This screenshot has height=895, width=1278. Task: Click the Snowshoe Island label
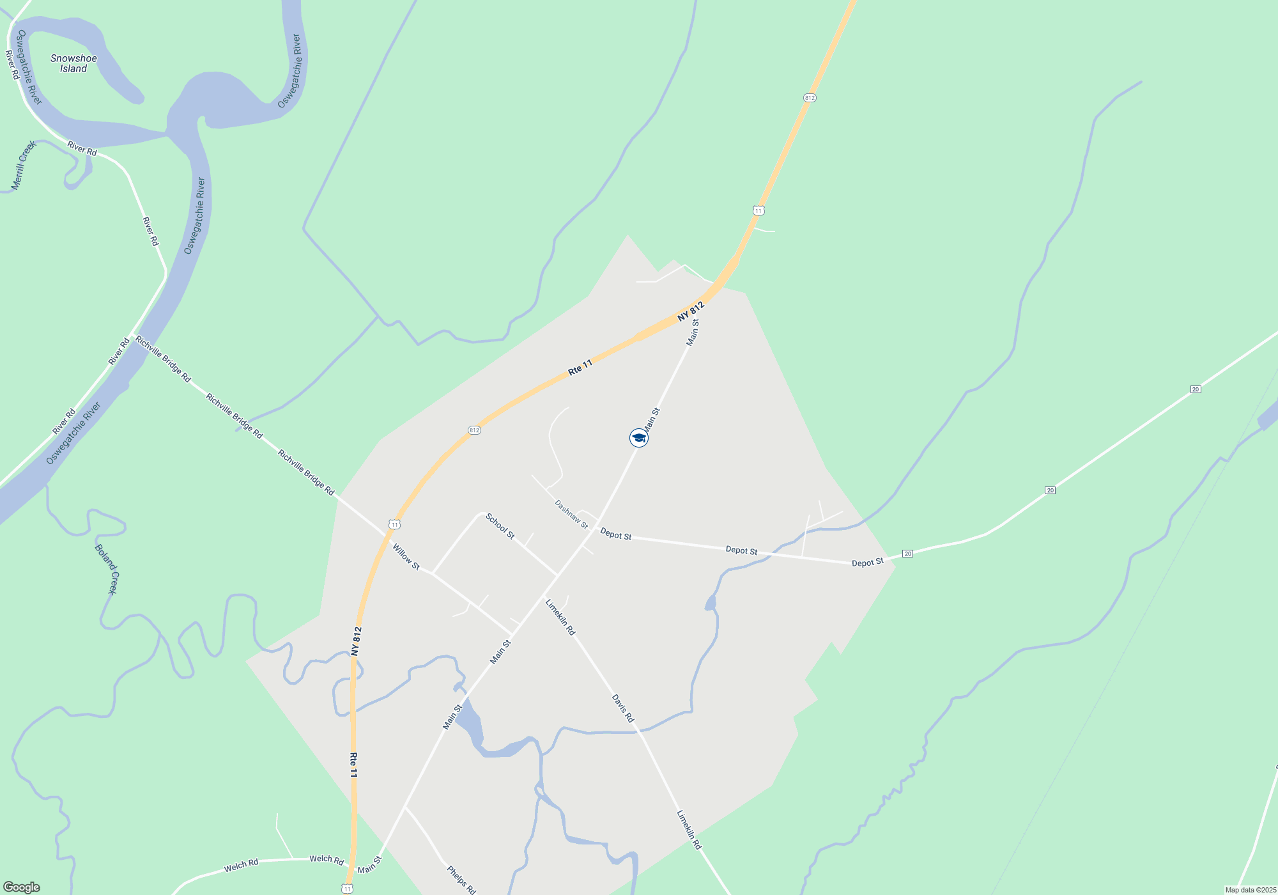[73, 63]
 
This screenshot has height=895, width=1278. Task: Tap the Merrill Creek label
[24, 166]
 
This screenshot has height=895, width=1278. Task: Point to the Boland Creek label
[106, 569]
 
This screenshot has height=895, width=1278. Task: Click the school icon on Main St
[638, 438]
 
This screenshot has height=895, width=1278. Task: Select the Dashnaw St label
[571, 514]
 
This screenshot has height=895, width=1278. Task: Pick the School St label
[500, 525]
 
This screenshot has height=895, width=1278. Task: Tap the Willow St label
[406, 557]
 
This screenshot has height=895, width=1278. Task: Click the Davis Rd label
[622, 708]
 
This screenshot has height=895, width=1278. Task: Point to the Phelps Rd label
[461, 880]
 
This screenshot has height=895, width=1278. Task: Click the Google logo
[22, 887]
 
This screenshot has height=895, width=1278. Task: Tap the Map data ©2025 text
[1251, 890]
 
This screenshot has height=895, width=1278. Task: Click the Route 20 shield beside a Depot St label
[907, 554]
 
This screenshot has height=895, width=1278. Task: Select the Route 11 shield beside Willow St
[395, 525]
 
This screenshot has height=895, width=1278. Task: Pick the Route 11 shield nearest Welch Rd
[347, 889]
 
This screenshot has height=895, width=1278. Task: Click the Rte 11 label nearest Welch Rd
[353, 765]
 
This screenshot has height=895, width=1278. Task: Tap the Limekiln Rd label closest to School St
[560, 617]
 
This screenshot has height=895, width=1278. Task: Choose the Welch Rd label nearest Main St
[327, 859]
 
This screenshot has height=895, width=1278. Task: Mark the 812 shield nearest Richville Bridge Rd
[473, 430]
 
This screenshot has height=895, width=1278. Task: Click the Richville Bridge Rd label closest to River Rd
[163, 359]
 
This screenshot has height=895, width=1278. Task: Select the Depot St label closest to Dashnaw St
[615, 534]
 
